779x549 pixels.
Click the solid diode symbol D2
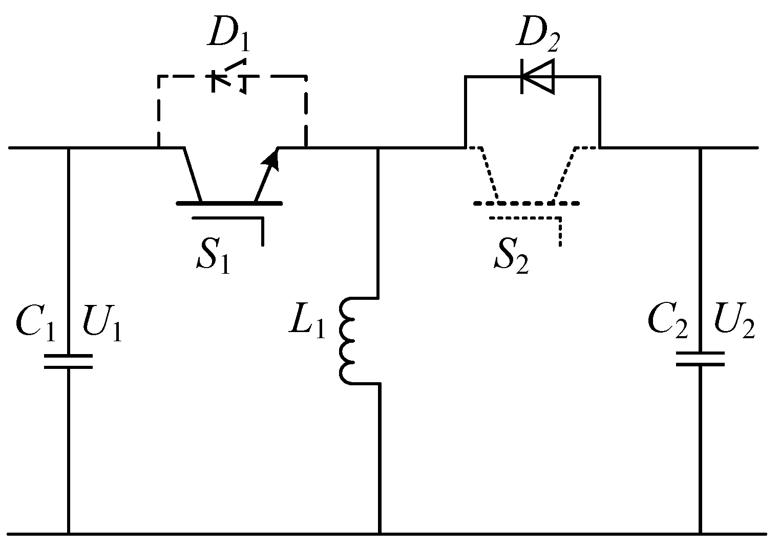pyautogui.click(x=537, y=77)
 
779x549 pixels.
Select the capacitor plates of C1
pyautogui.click(x=68, y=361)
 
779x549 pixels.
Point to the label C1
pyautogui.click(x=35, y=323)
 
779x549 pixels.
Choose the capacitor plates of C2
pyautogui.click(x=700, y=359)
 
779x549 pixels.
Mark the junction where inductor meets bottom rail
pyautogui.click(x=380, y=534)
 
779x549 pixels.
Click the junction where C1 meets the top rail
pyautogui.click(x=68, y=148)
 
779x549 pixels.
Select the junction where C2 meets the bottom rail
pyautogui.click(x=700, y=534)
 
